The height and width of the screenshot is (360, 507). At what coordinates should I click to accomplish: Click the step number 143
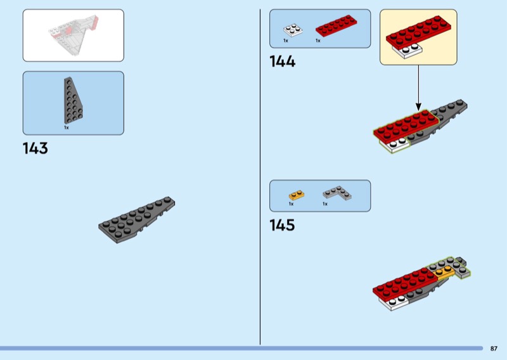coord(35,149)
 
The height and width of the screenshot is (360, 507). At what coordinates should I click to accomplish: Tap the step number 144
coord(283,61)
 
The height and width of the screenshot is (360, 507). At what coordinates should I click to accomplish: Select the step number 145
coord(283,225)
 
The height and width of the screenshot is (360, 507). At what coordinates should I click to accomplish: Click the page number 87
coord(494,348)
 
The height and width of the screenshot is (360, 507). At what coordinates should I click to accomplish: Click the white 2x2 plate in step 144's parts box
coord(292,30)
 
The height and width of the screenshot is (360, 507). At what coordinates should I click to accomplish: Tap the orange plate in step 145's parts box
coord(296,194)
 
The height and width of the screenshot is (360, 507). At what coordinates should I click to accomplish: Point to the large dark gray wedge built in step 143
coord(136,218)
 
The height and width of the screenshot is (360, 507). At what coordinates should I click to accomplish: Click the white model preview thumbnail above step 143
coord(73,35)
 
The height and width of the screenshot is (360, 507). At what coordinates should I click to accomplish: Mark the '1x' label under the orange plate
coord(291,204)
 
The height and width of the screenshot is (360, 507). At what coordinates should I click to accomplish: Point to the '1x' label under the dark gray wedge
coord(66,127)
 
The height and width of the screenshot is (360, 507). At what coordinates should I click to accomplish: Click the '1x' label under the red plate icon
coord(318,41)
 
